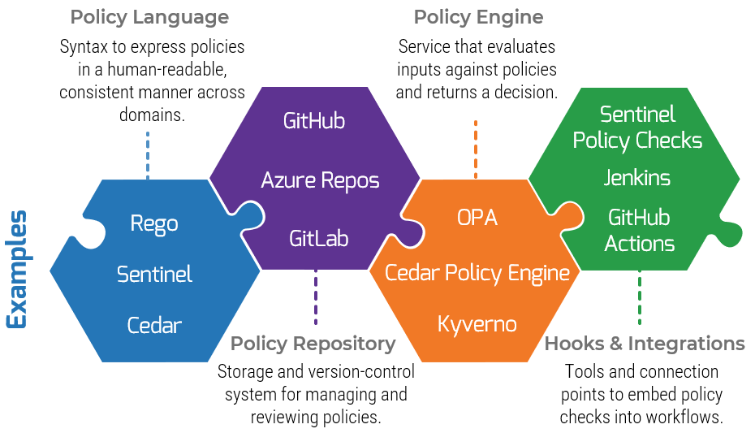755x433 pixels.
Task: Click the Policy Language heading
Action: pos(149,17)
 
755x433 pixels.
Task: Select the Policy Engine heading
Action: pos(478,17)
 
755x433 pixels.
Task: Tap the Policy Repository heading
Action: pos(313,344)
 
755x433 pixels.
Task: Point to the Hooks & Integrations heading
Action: pos(644,344)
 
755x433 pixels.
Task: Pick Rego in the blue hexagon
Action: pos(154,223)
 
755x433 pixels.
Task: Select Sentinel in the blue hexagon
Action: pos(154,275)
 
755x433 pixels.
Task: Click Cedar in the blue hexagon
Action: pos(154,326)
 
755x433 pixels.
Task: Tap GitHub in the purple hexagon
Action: pos(314,121)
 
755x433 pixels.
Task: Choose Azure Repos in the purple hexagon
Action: pos(320,180)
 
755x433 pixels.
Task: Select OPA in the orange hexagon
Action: pos(477,218)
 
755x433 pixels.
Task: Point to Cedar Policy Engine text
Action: pos(477,273)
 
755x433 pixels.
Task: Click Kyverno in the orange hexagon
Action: pos(477,324)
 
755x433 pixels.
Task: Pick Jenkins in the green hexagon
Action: pos(637,178)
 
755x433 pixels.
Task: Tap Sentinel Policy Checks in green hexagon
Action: pos(637,128)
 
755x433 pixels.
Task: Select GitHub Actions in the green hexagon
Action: pos(639,231)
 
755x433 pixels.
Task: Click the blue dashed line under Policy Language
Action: pos(148,154)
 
